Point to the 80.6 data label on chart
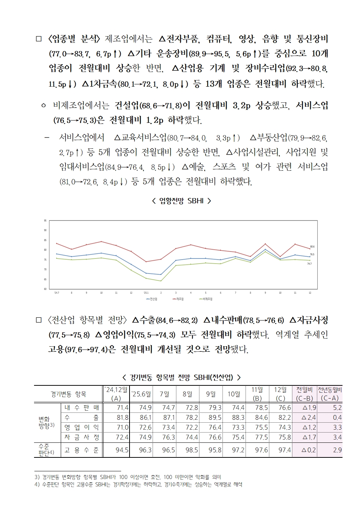[x=312, y=247]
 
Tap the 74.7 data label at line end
[x=309, y=264]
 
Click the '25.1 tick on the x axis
[x=146, y=293]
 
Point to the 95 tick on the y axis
[x=45, y=220]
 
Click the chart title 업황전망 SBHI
[x=181, y=201]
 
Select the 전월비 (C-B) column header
[x=304, y=394]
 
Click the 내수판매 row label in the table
[x=82, y=407]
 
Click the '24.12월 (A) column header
[x=116, y=394]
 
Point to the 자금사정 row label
[x=82, y=437]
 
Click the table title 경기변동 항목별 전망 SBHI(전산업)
[x=181, y=377]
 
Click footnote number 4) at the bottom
[x=37, y=484]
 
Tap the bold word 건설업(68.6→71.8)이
[x=153, y=106]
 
